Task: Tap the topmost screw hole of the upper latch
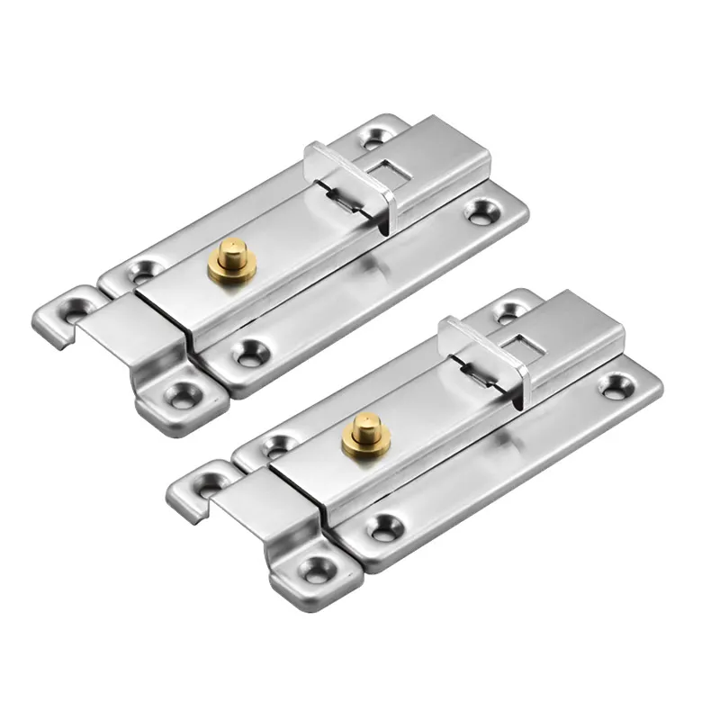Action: (x=371, y=138)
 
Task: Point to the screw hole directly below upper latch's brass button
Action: (x=248, y=350)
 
